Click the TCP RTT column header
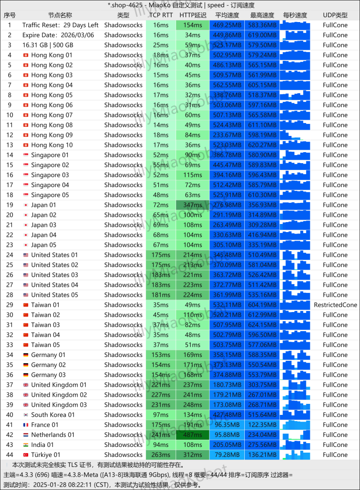tap(161, 15)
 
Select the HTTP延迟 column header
tap(193, 15)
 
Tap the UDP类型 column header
tap(335, 15)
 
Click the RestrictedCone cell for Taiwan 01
tap(335, 305)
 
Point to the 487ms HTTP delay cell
tap(193, 435)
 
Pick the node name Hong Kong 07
tap(52, 115)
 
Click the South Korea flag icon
tap(26, 415)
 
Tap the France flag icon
tap(26, 425)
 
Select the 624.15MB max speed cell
tap(262, 325)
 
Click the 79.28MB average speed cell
tap(227, 455)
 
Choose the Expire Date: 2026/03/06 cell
tap(58, 35)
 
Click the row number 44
tap(10, 455)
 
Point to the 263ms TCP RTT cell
tap(161, 455)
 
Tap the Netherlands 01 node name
tap(53, 435)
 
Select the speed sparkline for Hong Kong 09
tap(295, 135)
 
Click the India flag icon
tap(26, 445)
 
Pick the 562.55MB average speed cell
tap(227, 85)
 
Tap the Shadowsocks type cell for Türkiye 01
tap(123, 455)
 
